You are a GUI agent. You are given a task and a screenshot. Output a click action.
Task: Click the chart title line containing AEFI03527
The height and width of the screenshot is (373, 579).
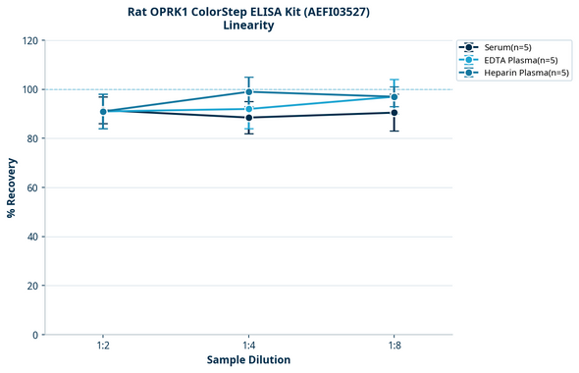(x=248, y=12)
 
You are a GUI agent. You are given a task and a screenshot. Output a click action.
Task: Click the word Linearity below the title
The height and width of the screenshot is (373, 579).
(x=248, y=26)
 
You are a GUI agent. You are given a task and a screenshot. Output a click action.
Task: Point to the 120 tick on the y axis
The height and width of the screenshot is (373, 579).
(x=29, y=40)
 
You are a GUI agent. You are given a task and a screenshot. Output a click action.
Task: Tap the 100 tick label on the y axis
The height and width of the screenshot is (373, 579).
(x=29, y=89)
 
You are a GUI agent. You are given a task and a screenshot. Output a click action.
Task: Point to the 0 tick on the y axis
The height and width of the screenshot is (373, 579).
(x=35, y=335)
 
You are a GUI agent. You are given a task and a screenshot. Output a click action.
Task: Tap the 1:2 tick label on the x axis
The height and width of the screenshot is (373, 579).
(x=103, y=346)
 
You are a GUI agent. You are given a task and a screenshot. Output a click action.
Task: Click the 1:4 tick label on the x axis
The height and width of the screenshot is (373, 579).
(x=248, y=346)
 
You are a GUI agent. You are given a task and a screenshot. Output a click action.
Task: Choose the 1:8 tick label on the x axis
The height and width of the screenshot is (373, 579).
(x=394, y=346)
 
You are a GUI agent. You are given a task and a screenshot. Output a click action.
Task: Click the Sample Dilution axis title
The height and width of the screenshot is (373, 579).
(x=248, y=360)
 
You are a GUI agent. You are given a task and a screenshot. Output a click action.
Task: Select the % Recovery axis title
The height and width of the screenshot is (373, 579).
(x=12, y=186)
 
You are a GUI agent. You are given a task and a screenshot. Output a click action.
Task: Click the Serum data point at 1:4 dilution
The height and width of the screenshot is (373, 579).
(x=248, y=118)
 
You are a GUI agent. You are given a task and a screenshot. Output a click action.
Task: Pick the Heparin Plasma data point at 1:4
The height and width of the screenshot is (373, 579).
(x=248, y=92)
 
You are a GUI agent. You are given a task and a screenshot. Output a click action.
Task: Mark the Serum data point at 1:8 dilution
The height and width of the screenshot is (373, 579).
(x=394, y=113)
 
